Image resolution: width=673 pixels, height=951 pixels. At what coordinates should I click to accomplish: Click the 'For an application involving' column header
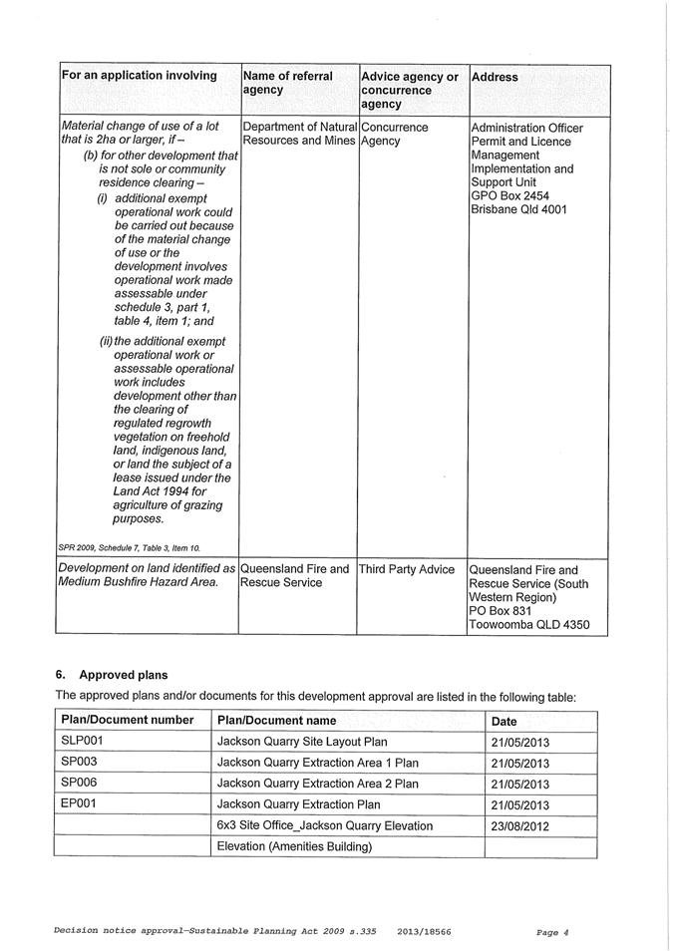coord(140,76)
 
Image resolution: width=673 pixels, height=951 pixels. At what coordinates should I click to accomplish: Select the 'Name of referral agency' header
coord(288,83)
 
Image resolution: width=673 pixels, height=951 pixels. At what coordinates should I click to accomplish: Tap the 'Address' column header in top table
coord(495,77)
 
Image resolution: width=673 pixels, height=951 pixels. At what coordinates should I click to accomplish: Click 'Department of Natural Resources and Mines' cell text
coord(299,135)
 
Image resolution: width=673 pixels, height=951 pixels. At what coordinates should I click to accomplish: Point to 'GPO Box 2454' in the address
coord(509,197)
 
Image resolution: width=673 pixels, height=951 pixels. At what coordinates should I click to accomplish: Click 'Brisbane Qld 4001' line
coord(522,211)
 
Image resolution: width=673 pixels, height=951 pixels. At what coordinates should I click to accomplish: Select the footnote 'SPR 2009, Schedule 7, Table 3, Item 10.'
coord(130,548)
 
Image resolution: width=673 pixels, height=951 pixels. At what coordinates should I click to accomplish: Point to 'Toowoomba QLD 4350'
coord(528,625)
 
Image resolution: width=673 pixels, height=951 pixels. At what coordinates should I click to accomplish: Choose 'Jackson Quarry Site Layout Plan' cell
coord(302,742)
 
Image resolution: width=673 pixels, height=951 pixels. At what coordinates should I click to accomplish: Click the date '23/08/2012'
coord(520,825)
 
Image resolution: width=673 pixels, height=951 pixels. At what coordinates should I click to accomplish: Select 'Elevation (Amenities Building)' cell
coord(294,847)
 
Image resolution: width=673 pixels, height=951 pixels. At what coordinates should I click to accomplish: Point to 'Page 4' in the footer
coord(551,932)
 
